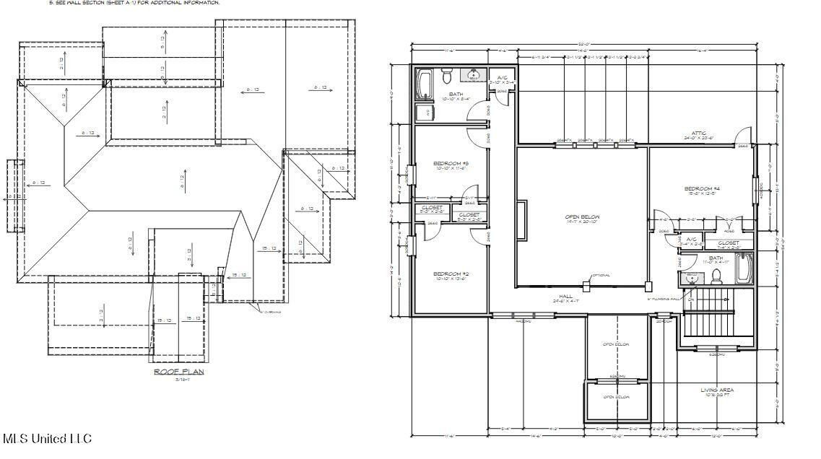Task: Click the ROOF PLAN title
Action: (x=179, y=372)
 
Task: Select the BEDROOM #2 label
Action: (x=451, y=274)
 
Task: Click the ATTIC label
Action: (x=699, y=133)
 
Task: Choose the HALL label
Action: (x=565, y=296)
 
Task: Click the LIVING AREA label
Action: (x=718, y=390)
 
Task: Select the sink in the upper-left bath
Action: (x=474, y=75)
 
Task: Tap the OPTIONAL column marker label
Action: (x=601, y=275)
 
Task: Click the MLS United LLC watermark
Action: (x=47, y=438)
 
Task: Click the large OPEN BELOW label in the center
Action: (x=582, y=217)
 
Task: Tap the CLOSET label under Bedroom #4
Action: (x=729, y=243)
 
